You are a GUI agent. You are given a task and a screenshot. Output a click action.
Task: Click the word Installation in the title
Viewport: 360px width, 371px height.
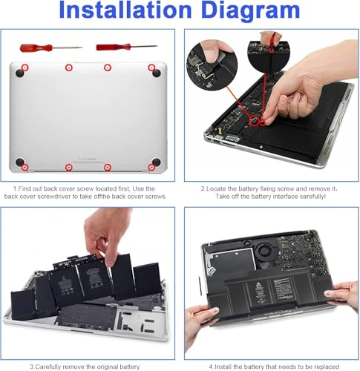click(125, 10)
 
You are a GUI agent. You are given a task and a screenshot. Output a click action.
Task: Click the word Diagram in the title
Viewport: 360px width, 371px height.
click(251, 12)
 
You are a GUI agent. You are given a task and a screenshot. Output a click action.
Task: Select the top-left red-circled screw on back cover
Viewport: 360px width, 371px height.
click(24, 68)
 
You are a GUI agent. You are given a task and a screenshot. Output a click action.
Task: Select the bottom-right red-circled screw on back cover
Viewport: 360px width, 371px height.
click(151, 168)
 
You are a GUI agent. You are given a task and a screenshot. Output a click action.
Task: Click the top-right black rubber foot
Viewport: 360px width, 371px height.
click(157, 73)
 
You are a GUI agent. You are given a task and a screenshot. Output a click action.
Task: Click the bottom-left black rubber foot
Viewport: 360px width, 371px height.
click(20, 162)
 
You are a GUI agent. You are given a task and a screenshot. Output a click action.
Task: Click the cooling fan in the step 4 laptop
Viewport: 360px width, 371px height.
click(266, 253)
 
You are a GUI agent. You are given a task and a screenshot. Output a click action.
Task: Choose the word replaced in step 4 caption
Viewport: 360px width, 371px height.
click(327, 367)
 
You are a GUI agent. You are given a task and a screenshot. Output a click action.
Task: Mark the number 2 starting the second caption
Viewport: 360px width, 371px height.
click(203, 189)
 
